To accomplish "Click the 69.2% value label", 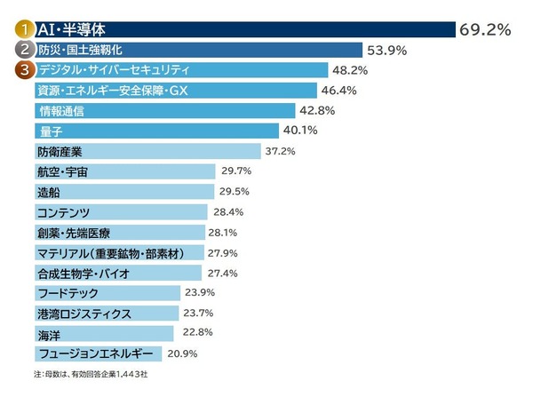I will [x=484, y=29].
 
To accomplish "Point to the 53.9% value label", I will [x=387, y=50].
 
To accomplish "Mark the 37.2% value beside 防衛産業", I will [x=282, y=151].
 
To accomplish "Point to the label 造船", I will [x=48, y=191].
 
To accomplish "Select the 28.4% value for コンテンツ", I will [x=227, y=211].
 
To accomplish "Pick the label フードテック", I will [x=65, y=292].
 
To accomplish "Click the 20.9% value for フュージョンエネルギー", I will [x=184, y=353].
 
